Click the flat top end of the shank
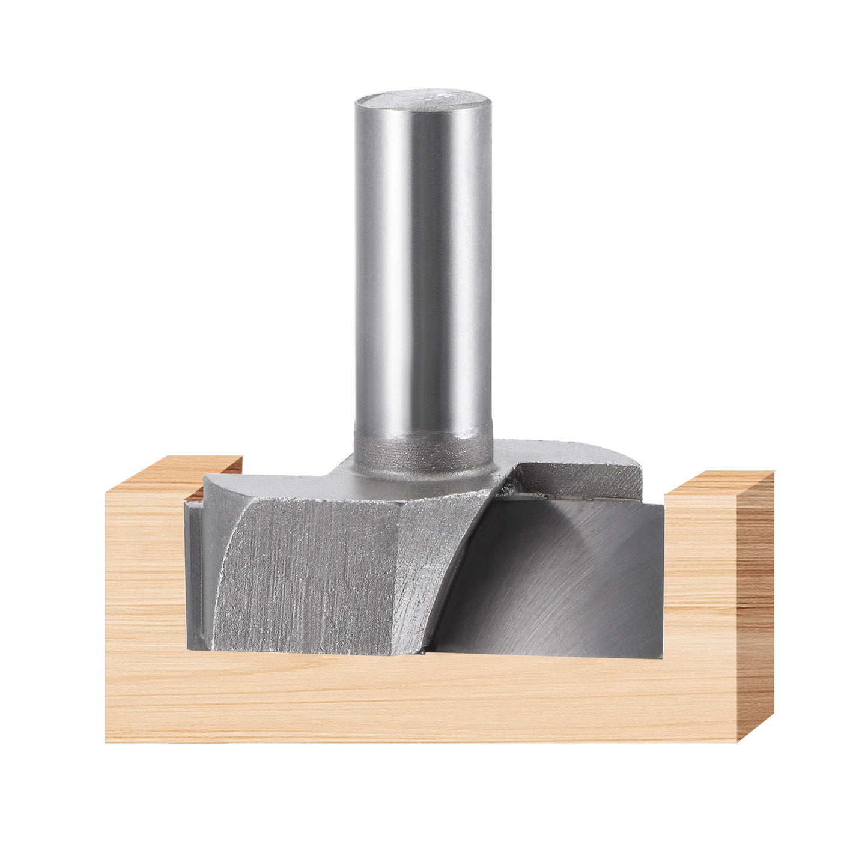(423, 99)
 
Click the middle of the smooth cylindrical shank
(423, 270)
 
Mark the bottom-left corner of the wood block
(106, 741)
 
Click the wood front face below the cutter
(421, 697)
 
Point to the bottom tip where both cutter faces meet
(424, 651)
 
